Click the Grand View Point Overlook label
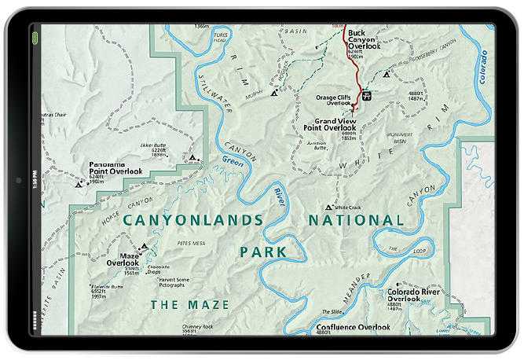pos(332,124)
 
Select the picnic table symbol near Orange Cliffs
pos(367,95)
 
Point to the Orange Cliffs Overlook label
pos(333,99)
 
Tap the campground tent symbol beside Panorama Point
pos(78,185)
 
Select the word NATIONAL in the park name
pos(355,221)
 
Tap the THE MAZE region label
pos(190,304)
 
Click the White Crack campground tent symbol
pos(328,208)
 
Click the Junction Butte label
pos(315,145)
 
